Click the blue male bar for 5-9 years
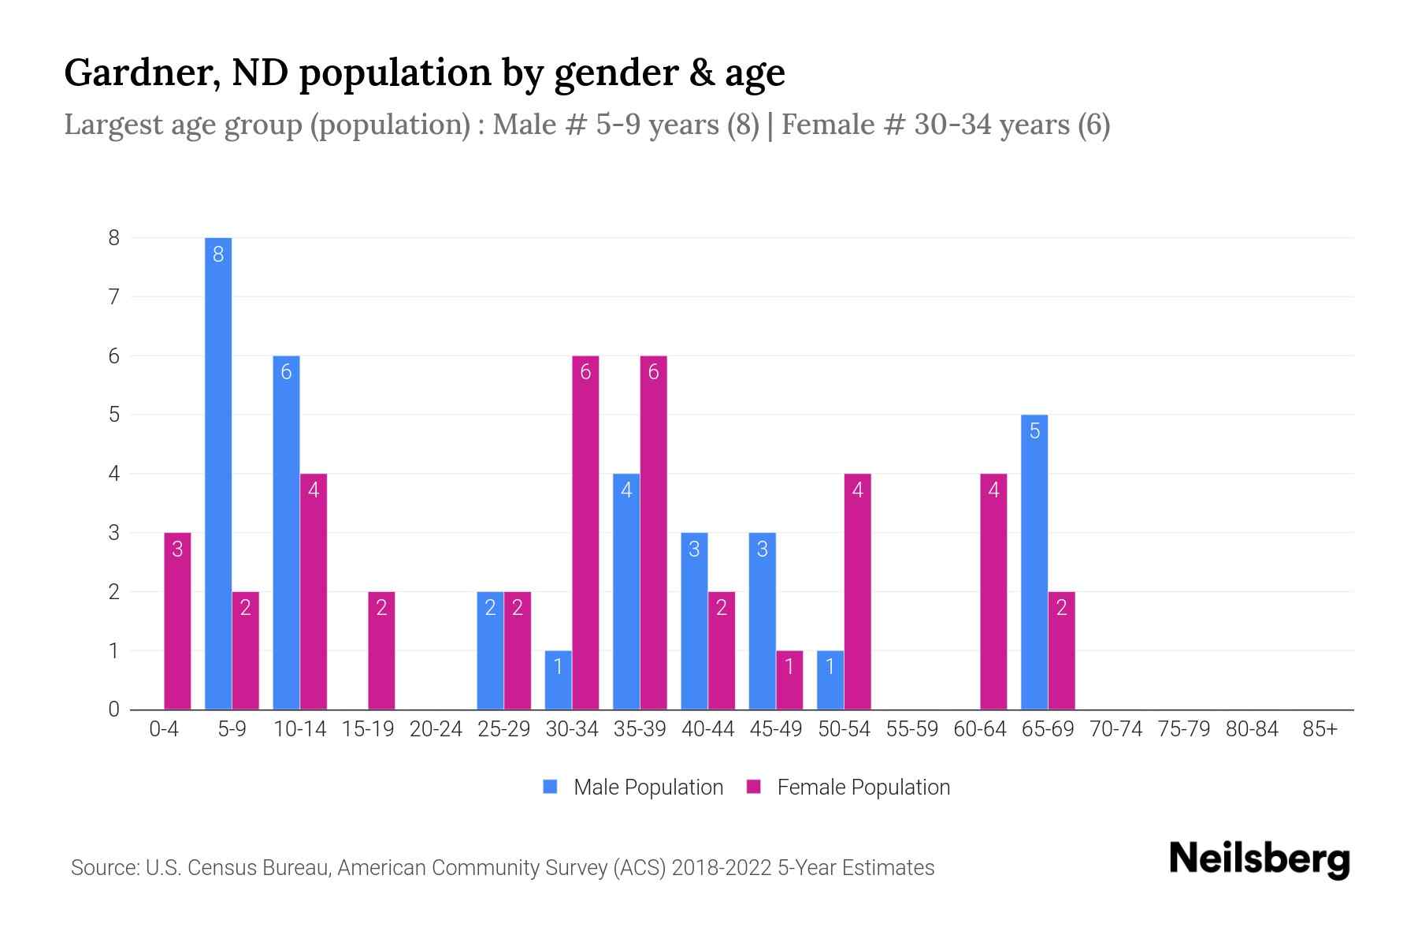[x=218, y=473]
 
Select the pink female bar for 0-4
[x=177, y=621]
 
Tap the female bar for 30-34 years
[x=585, y=532]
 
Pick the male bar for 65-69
[x=1034, y=562]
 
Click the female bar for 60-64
[x=993, y=591]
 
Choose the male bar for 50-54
[x=830, y=680]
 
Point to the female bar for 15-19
[x=381, y=650]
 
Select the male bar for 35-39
[x=626, y=591]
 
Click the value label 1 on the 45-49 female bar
[x=789, y=667]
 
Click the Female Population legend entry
[x=848, y=787]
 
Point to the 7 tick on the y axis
[x=114, y=297]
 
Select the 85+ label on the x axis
[x=1320, y=729]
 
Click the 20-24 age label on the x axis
[x=436, y=729]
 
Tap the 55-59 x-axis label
[x=911, y=729]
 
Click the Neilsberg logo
[x=1259, y=859]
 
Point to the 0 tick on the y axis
[x=114, y=709]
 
